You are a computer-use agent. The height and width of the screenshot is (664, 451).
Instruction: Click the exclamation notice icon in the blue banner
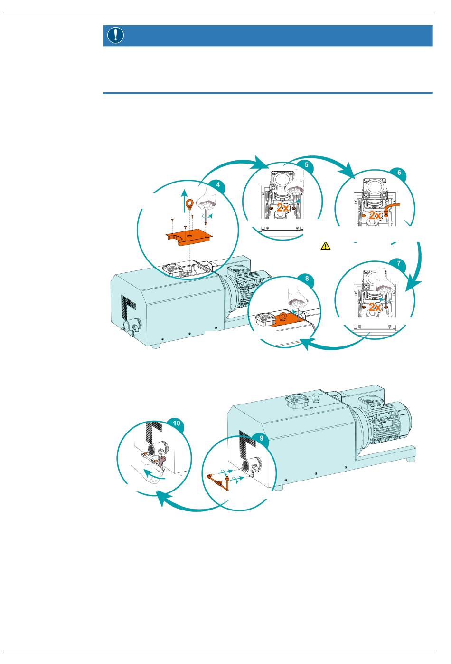[x=116, y=35]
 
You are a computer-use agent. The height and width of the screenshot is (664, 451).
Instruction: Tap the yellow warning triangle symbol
[x=325, y=246]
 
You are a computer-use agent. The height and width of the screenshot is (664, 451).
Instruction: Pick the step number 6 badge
[x=399, y=173]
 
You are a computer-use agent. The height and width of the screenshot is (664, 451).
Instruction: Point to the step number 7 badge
[x=398, y=263]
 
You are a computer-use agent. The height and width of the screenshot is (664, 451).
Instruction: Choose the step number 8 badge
[x=307, y=279]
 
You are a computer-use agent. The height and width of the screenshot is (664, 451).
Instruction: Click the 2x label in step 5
[x=283, y=208]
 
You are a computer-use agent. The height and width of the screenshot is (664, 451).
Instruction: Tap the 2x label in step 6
[x=376, y=215]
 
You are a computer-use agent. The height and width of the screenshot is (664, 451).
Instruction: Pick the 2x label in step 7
[x=376, y=307]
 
